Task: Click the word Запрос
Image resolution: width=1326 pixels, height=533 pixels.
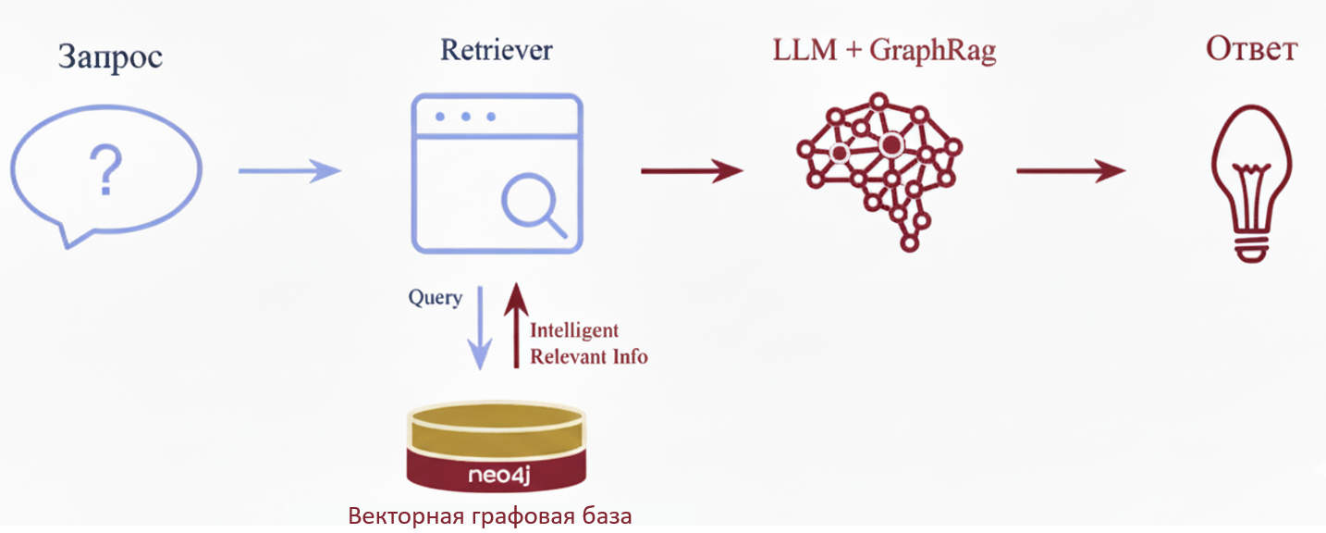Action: (110, 56)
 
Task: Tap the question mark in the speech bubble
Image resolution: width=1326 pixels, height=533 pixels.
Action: (106, 169)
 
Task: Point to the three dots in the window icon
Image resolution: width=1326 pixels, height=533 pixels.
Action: (464, 118)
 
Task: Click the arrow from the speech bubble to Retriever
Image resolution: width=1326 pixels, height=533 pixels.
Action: (289, 170)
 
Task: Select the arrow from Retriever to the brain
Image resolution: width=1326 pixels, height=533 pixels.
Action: (692, 170)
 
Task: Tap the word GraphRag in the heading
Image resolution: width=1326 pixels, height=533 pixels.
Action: (933, 52)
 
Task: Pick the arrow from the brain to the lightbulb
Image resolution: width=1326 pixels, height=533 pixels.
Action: (1071, 170)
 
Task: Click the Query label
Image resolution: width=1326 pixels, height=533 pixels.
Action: (435, 298)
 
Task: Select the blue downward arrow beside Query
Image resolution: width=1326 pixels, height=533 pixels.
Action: (479, 328)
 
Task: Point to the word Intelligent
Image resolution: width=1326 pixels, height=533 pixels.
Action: (574, 330)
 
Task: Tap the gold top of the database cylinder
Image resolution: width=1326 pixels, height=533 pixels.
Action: (497, 428)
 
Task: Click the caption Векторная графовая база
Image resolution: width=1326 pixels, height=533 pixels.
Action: (490, 515)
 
